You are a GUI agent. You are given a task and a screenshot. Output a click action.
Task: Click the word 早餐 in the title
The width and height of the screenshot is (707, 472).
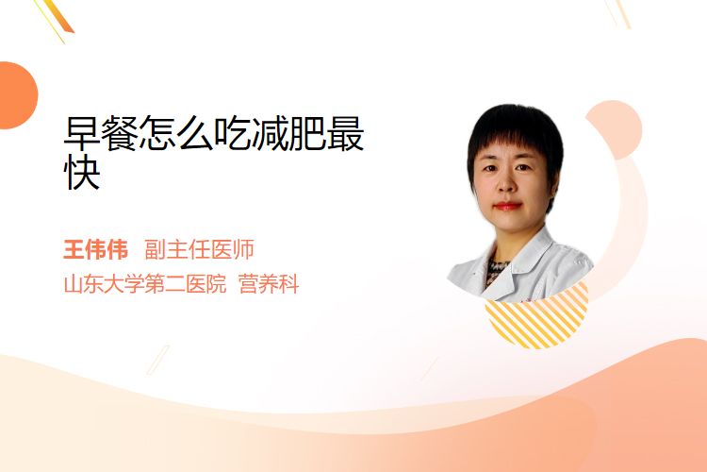coord(101,133)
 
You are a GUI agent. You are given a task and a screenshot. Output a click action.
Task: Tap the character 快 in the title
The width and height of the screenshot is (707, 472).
coord(82,172)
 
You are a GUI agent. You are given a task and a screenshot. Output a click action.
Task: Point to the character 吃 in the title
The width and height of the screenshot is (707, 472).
coord(233,133)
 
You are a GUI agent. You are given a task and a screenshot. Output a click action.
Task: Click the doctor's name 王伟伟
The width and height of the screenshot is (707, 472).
coord(95,249)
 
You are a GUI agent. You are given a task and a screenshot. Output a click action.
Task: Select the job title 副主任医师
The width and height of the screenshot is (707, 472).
coord(199,249)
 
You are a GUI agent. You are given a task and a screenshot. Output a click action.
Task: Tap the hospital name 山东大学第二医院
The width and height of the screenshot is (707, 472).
coord(145,284)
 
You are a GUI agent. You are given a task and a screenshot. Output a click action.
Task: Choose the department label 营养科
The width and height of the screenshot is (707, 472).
coord(269,284)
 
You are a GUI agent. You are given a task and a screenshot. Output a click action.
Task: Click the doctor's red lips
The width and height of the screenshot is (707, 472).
coord(507,206)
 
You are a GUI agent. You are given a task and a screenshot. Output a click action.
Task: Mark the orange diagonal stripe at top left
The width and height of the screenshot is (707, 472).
coord(58,17)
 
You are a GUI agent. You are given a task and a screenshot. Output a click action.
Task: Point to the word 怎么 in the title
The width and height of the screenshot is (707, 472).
coord(177,133)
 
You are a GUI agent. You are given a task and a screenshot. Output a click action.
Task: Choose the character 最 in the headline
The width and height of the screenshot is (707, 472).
coord(346,133)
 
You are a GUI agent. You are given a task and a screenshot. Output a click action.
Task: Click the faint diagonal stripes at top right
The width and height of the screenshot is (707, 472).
coord(618,13)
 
